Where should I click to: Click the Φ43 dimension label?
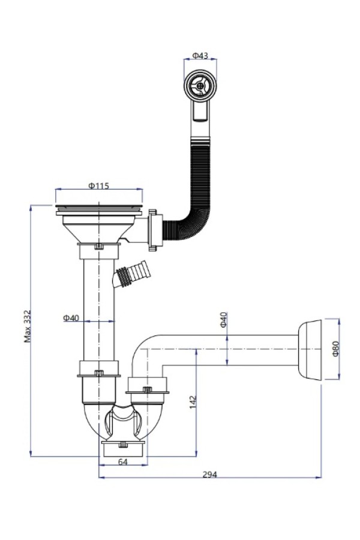(200, 55)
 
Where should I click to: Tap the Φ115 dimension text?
(98, 186)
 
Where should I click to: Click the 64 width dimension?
(123, 462)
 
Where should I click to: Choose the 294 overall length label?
(209, 475)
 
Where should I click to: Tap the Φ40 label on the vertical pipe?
(71, 318)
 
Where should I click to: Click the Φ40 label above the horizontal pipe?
(223, 320)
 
